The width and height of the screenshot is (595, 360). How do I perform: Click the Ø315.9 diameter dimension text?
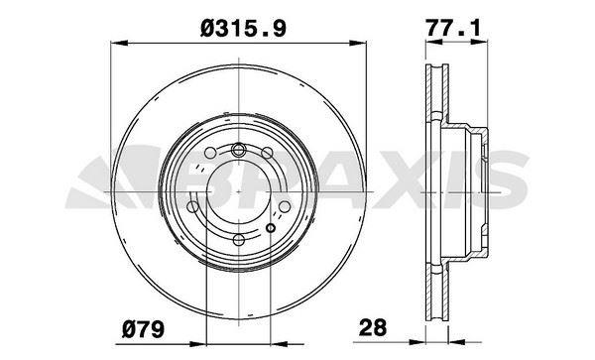(x=244, y=30)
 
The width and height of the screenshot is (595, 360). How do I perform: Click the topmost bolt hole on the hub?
(x=239, y=150)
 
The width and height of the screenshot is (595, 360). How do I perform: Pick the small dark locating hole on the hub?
(x=271, y=229)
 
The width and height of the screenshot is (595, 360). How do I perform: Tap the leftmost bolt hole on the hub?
(x=196, y=207)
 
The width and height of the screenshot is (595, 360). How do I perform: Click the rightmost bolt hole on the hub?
(x=285, y=207)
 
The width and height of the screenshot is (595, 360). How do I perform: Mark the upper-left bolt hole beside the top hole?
(x=212, y=159)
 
